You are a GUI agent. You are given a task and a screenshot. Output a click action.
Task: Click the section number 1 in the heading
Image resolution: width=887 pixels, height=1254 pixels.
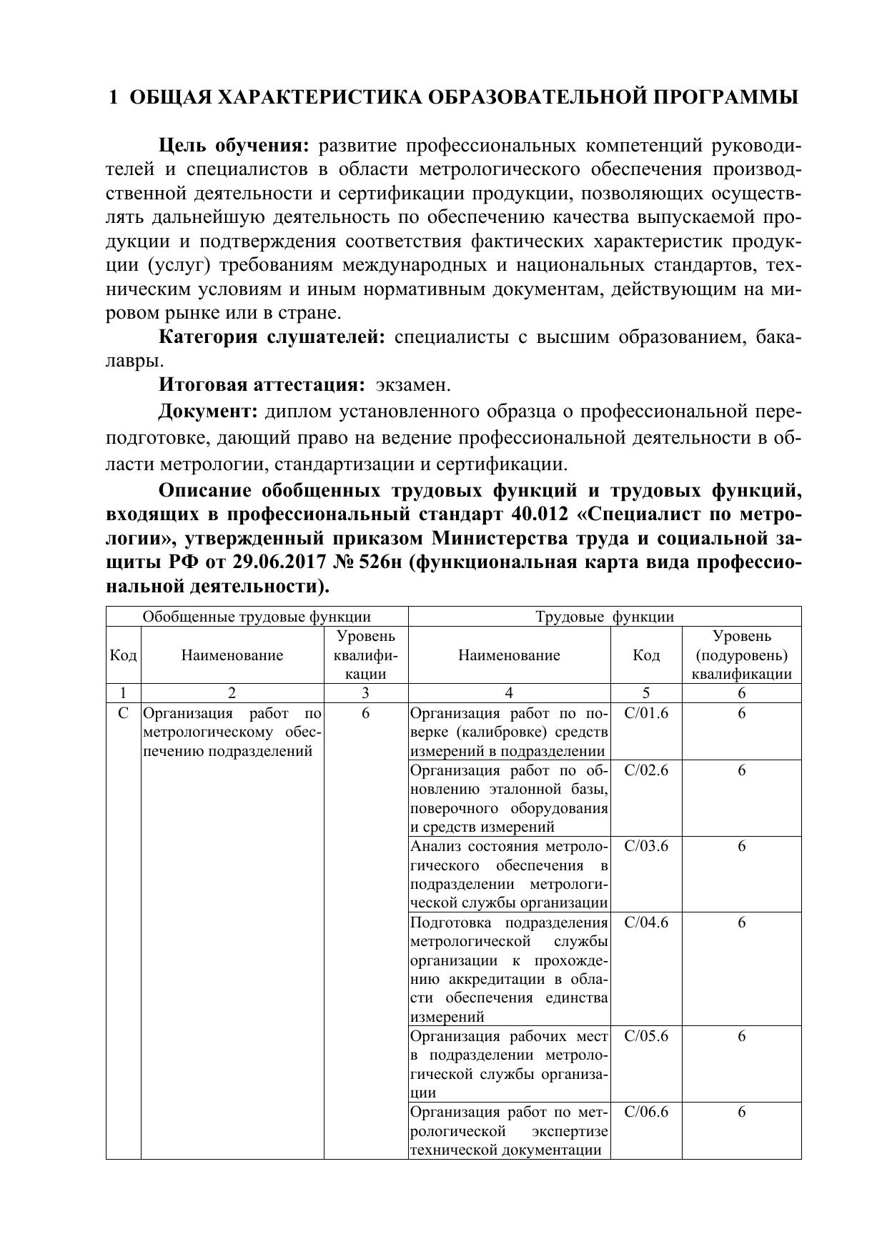point(113,98)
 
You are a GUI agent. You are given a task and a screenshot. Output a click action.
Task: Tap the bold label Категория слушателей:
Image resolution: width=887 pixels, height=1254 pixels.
point(272,337)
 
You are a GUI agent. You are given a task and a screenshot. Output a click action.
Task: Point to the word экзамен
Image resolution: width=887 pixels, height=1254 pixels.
point(413,385)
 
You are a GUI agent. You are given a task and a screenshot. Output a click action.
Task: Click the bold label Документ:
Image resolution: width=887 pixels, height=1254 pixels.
point(207,412)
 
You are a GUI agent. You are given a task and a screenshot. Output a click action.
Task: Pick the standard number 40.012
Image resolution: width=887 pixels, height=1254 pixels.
point(544,514)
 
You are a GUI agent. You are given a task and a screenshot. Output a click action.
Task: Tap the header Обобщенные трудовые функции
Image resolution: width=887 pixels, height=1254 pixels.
point(257,617)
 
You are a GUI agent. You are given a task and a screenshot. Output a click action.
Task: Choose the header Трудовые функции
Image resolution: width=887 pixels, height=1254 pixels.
point(605,617)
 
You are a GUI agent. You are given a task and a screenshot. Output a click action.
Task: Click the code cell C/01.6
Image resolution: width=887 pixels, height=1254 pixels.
point(646,713)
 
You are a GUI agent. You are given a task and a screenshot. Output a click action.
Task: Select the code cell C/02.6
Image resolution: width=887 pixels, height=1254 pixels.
point(646,770)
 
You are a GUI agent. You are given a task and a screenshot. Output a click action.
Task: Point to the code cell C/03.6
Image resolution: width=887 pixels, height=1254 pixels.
point(646,847)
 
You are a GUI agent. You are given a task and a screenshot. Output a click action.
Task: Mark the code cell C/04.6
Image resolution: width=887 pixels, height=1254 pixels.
point(646,922)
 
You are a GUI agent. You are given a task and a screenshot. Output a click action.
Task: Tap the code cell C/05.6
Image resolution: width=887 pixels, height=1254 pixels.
point(646,1036)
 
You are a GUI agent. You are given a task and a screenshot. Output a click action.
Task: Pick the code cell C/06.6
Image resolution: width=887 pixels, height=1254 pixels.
point(646,1113)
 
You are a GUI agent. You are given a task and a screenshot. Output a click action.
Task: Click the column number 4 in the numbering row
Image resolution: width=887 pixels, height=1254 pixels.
point(509,693)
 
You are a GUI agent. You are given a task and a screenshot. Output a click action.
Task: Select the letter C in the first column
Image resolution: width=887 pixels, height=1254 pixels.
point(124,713)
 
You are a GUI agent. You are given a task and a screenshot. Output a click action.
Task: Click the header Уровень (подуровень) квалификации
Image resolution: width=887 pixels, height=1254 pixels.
point(741,655)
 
